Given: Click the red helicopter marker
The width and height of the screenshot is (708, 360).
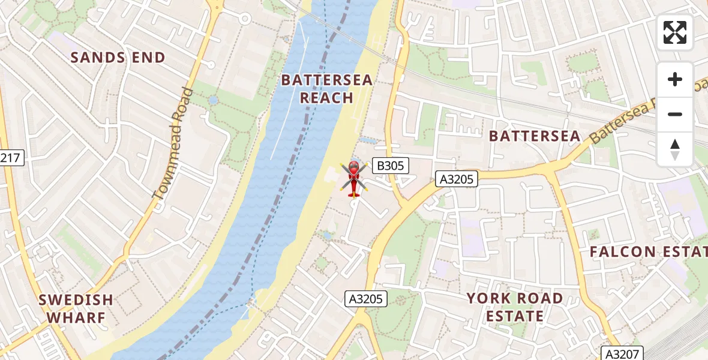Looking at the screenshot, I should point(353,178).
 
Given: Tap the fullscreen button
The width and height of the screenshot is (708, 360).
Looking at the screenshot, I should point(675,32).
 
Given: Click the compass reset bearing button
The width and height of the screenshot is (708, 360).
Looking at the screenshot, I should point(675,149).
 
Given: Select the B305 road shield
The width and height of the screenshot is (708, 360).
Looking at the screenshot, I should point(390,166).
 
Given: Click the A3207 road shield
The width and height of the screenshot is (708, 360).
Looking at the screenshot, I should point(623,353).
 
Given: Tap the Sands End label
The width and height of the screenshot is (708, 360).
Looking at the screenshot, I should point(118,58).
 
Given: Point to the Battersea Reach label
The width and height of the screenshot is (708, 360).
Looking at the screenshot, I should point(327,89).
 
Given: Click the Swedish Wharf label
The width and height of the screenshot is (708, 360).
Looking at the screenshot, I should point(76,308).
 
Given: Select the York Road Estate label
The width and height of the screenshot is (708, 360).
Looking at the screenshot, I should point(515,307).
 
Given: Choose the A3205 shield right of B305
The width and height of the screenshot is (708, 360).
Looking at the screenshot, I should point(457,178).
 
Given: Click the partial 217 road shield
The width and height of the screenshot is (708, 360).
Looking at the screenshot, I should point(10,158).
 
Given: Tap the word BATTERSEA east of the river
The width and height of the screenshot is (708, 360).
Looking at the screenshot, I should point(535,136).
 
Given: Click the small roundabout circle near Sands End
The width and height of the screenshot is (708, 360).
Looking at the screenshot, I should point(244,19).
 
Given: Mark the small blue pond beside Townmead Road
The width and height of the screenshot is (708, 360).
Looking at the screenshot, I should point(213,101).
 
